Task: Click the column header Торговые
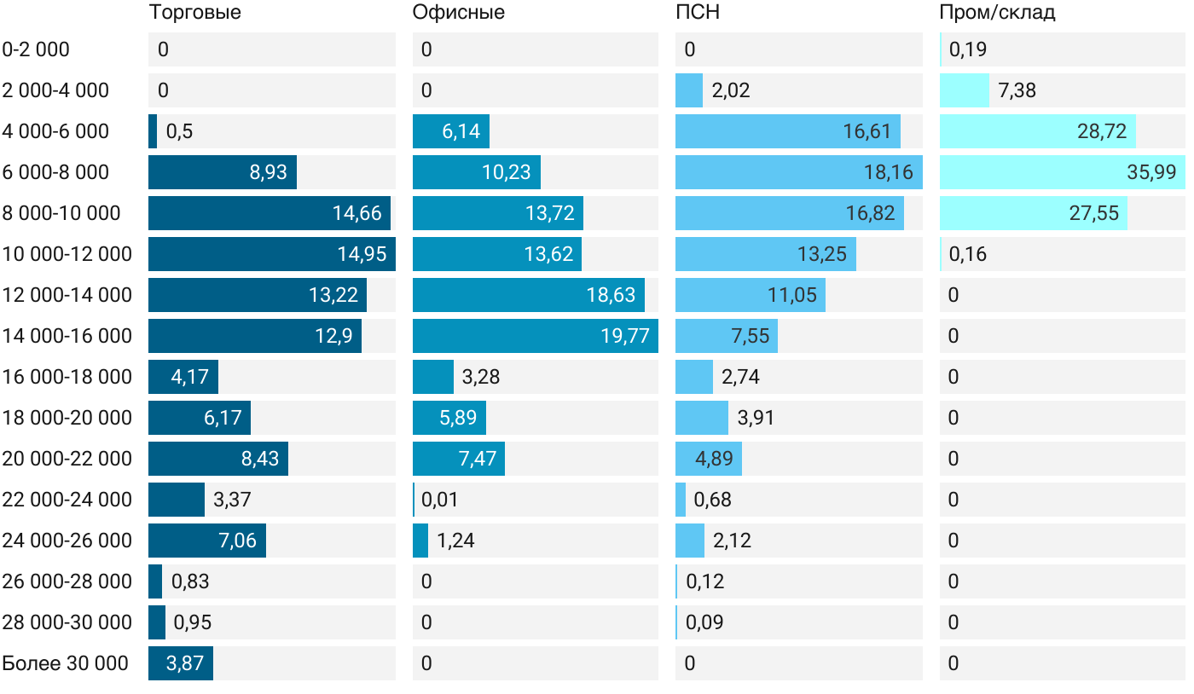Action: click(194, 13)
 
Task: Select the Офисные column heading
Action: click(458, 13)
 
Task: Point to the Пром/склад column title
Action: click(997, 13)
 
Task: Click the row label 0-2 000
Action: click(36, 49)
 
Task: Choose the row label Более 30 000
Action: click(66, 663)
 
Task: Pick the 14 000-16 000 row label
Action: click(67, 336)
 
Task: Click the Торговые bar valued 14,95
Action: click(271, 254)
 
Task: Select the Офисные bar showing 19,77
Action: click(535, 336)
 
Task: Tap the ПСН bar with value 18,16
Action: click(798, 172)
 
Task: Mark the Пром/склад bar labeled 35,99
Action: click(1062, 172)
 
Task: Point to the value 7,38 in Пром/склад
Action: click(1017, 90)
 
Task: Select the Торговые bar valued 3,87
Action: click(181, 663)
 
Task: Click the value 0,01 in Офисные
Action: click(439, 500)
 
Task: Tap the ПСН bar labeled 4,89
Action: click(708, 459)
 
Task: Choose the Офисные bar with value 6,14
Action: click(450, 131)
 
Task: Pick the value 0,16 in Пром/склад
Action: click(967, 254)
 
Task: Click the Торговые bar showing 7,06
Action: click(206, 541)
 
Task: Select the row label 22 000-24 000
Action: click(67, 500)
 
